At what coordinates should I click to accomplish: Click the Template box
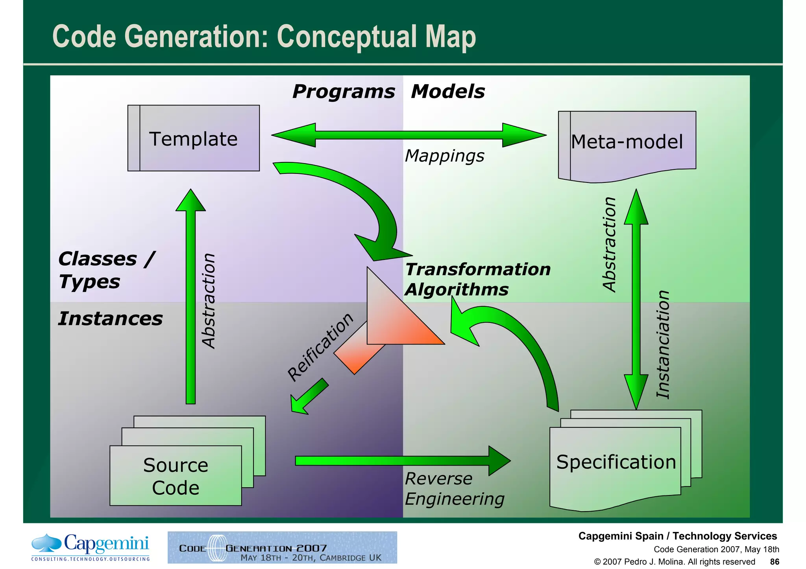(194, 138)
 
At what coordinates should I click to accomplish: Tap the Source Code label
(176, 476)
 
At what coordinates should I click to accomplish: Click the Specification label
(616, 462)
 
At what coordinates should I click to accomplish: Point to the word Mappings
(444, 156)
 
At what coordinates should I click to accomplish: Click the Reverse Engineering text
(454, 489)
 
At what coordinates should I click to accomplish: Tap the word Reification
(320, 347)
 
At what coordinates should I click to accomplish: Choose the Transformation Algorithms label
(477, 279)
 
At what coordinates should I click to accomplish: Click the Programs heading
(343, 92)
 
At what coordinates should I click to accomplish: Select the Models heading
(447, 92)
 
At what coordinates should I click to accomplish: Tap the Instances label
(110, 319)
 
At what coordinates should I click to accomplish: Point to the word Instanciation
(663, 344)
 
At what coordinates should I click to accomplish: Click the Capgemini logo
(91, 547)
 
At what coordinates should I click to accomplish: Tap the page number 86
(775, 562)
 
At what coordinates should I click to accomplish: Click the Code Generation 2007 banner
(282, 547)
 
